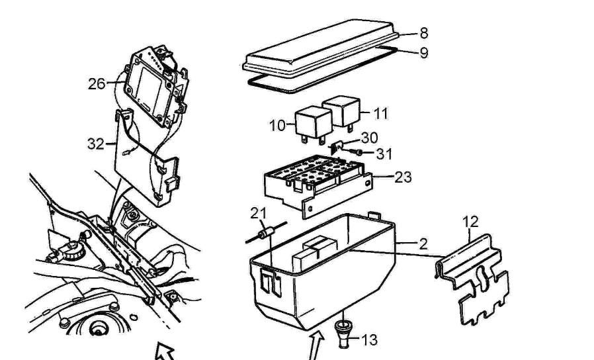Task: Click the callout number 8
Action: click(x=424, y=33)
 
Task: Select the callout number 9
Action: click(x=424, y=53)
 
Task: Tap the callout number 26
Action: click(x=97, y=84)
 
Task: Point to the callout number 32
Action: click(x=96, y=144)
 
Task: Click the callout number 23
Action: click(x=403, y=177)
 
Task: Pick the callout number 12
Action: click(x=470, y=222)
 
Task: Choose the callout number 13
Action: click(x=369, y=340)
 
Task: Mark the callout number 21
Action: click(x=259, y=214)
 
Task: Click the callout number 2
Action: click(x=423, y=244)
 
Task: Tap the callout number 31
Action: click(x=384, y=154)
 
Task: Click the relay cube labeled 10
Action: click(x=314, y=124)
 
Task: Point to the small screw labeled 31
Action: click(x=356, y=152)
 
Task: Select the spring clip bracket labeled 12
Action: click(x=474, y=279)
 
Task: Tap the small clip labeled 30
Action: click(x=337, y=147)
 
